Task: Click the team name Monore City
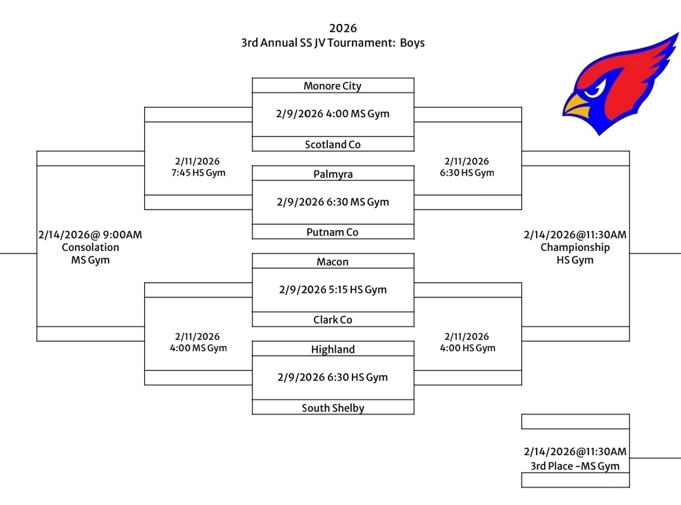pos(333,86)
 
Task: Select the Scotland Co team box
pos(333,144)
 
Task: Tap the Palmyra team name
pos(333,174)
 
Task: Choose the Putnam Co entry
pos(333,232)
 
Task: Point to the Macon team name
pos(333,262)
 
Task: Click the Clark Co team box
pos(333,320)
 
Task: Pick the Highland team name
pos(333,349)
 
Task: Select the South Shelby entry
pos(333,408)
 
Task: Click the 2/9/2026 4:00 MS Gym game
pos(333,114)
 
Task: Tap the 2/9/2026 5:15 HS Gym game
pos(333,289)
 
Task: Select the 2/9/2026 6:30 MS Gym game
pos(333,202)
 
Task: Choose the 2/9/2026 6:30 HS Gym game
pos(333,377)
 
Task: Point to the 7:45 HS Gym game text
pos(198,173)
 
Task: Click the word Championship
pos(575,248)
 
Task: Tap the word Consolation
pos(90,248)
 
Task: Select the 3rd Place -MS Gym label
pos(575,466)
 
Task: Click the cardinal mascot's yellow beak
pos(577,106)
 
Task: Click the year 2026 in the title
pos(343,28)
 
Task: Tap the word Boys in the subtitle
pos(412,43)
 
